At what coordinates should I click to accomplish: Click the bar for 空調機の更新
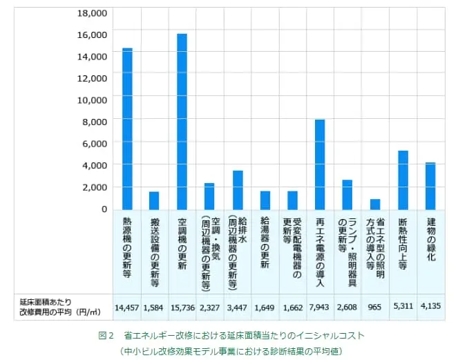click(x=182, y=121)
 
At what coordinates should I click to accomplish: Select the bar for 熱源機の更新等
click(x=127, y=129)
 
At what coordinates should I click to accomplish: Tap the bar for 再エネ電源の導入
click(x=320, y=164)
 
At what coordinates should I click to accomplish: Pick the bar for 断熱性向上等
click(x=403, y=180)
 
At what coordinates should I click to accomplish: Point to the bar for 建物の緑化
click(x=430, y=186)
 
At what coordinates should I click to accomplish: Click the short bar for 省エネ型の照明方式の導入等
click(x=375, y=204)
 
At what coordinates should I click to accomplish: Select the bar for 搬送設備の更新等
click(x=154, y=200)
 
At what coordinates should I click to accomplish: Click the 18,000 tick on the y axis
click(x=92, y=13)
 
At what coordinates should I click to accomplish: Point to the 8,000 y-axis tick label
click(x=95, y=122)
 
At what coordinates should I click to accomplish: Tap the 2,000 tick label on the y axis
click(x=95, y=187)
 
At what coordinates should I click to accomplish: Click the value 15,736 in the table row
click(x=182, y=306)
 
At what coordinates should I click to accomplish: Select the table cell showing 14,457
click(x=128, y=306)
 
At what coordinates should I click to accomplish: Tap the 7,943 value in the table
click(x=320, y=306)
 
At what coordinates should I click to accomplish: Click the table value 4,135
click(x=430, y=306)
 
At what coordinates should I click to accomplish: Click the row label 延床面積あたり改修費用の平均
click(x=59, y=306)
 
